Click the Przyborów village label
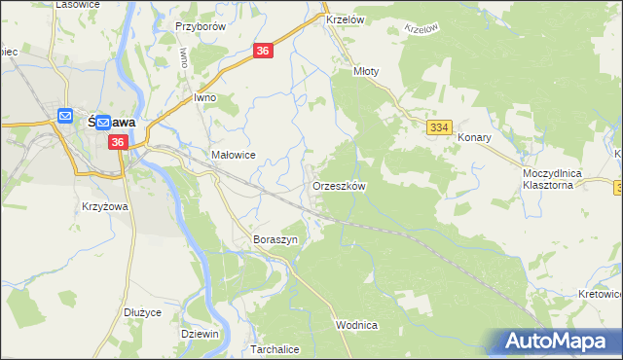coord(201,26)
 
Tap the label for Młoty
coord(365,71)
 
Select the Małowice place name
coord(233,155)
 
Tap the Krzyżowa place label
coord(107,207)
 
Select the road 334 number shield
coord(439,127)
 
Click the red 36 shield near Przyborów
coord(264,52)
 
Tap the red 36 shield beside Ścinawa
coord(118,143)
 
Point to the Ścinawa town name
coord(115,123)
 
